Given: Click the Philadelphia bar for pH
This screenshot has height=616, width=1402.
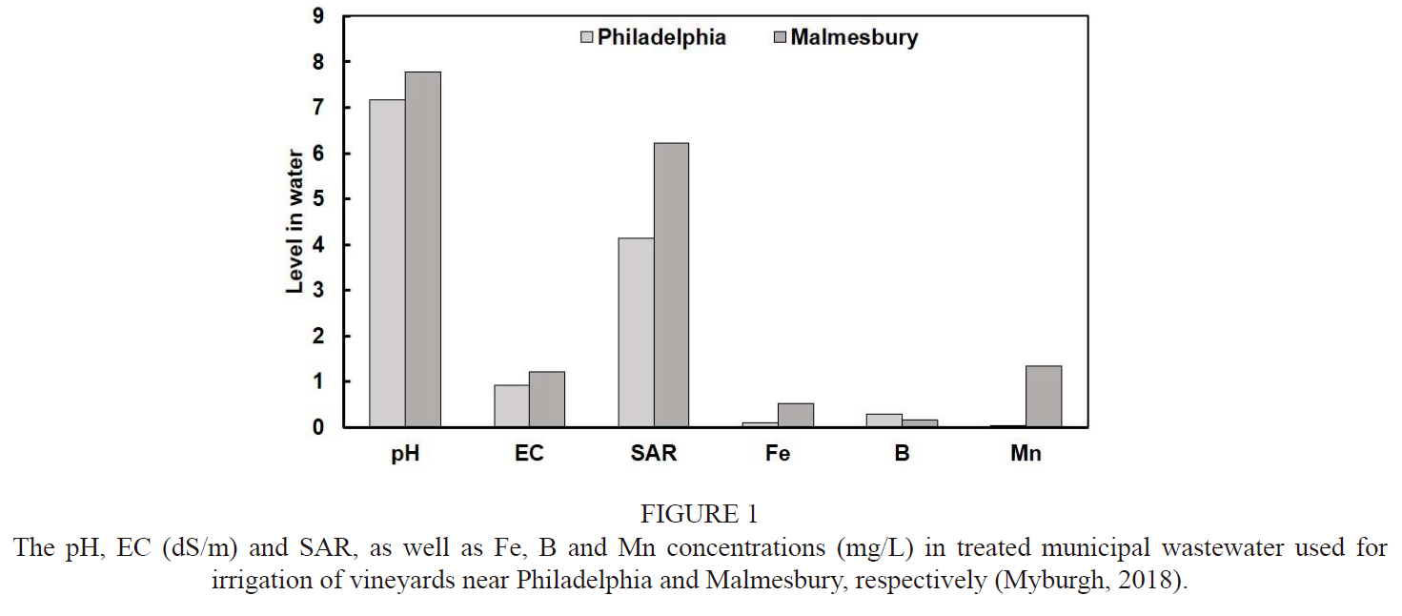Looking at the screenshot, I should click(387, 263).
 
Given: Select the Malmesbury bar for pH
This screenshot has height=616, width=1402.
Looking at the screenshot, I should click(423, 250).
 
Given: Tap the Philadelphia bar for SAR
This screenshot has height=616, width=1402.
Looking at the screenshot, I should click(636, 332).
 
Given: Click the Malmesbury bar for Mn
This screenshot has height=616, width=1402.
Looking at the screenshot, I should click(1044, 397).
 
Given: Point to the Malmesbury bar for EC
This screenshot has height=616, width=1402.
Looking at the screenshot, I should click(547, 400).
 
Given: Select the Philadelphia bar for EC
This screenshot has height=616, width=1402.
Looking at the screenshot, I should click(512, 406).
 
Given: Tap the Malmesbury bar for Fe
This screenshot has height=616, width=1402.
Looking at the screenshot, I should click(796, 415).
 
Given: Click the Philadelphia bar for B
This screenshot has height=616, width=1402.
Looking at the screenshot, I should click(884, 421).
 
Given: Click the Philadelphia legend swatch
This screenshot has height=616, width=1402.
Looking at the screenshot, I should click(587, 38).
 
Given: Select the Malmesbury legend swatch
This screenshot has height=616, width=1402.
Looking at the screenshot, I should click(780, 38).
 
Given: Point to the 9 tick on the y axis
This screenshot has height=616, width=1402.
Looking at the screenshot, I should click(317, 16).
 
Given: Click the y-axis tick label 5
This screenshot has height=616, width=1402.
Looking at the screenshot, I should click(317, 199).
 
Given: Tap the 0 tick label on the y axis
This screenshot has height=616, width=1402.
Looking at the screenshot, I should click(317, 427).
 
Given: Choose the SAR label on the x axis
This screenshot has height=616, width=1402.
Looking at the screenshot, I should click(654, 454).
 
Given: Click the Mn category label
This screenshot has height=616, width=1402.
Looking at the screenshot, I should click(1026, 454).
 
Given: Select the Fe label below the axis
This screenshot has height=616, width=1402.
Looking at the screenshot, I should click(778, 454).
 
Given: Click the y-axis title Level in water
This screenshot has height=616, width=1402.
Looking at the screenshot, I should click(296, 221).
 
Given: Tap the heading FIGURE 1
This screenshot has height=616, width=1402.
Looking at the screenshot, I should click(700, 515).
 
